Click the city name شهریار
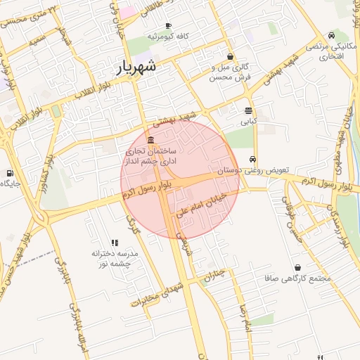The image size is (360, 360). (x=136, y=67)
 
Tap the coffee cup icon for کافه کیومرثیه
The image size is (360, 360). (x=169, y=26)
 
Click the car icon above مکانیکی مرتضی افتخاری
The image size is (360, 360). (x=331, y=35)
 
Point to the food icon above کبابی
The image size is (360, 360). (x=248, y=110)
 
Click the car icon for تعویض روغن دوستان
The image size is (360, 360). (x=252, y=159)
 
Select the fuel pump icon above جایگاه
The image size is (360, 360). (x=9, y=172)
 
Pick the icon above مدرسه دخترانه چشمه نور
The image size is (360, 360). (x=115, y=243)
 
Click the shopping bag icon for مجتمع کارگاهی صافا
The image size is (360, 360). (x=298, y=268)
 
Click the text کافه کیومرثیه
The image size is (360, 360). (x=169, y=36)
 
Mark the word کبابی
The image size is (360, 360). (x=248, y=121)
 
